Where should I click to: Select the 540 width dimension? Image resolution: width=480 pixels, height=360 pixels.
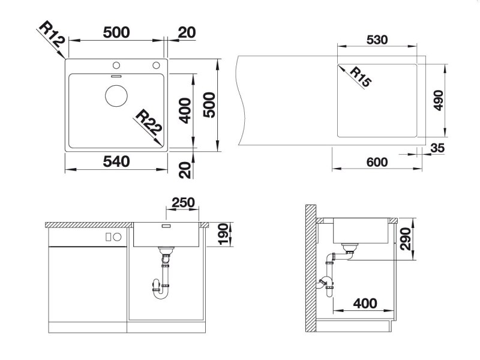click(116, 161)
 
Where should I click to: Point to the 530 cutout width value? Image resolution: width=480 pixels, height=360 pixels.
click(377, 40)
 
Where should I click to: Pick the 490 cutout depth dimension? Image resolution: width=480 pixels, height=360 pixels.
click(439, 100)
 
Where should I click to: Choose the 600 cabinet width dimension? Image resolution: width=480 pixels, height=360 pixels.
click(377, 162)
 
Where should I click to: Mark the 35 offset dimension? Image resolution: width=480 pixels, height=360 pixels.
click(437, 148)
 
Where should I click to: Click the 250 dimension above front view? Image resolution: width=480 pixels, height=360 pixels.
click(183, 202)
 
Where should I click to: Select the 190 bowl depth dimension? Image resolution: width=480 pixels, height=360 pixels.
click(224, 234)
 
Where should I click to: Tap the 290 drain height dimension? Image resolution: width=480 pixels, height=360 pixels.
click(406, 239)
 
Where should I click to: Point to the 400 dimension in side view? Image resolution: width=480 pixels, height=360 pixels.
click(365, 304)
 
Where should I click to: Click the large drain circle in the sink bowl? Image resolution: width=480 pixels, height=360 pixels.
click(116, 95)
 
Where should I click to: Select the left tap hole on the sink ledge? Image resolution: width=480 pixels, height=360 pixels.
click(116, 65)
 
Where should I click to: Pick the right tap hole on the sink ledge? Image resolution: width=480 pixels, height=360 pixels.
click(156, 65)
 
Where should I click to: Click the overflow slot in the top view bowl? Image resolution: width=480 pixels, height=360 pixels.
click(116, 76)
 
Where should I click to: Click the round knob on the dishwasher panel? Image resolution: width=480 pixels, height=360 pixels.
click(117, 236)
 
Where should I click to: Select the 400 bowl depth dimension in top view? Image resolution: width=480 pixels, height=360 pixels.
click(185, 110)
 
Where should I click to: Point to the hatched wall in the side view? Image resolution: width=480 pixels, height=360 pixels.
click(310, 268)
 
